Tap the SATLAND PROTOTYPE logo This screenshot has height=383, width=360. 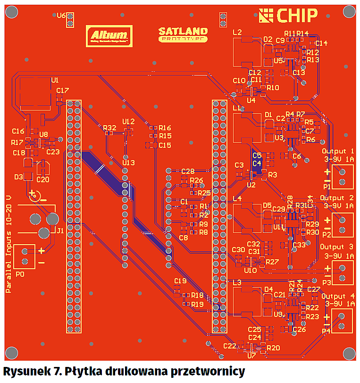coord(183,34)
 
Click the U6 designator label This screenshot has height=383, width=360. coord(61,16)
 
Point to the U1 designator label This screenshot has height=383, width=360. coord(55,80)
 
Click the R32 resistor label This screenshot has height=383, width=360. coord(109,128)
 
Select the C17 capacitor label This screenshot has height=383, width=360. coord(62,90)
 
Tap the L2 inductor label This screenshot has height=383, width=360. coord(237,32)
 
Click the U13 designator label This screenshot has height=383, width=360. coord(128,163)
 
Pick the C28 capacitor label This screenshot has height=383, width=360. coord(188,171)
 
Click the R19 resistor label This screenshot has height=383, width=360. coord(197,304)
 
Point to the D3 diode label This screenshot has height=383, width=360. coord(19,177)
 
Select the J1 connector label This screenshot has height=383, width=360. coord(60,231)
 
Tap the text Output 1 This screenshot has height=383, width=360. coord(337,151)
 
